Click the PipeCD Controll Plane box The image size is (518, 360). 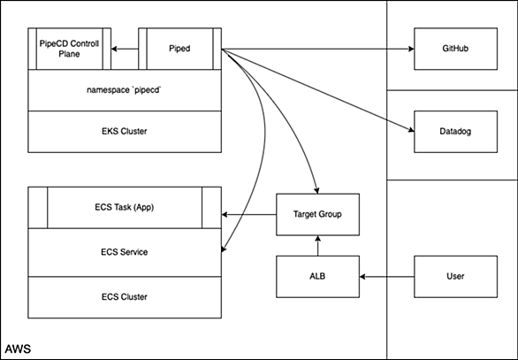[69, 49]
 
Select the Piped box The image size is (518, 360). [179, 49]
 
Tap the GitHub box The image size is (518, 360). [455, 49]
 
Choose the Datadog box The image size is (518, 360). [455, 132]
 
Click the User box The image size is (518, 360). [455, 276]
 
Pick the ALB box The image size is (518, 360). [318, 276]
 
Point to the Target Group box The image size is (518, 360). [318, 215]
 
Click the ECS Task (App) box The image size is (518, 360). [125, 208]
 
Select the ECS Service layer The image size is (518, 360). [125, 253]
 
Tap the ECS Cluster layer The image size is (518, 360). [125, 297]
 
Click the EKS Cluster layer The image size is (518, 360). [125, 132]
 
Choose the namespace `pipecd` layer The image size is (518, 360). [125, 90]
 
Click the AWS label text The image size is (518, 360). [18, 349]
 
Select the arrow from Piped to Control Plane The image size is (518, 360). [125, 49]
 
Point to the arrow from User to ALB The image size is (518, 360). [387, 277]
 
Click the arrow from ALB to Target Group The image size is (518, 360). [318, 246]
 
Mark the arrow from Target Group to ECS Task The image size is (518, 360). [248, 215]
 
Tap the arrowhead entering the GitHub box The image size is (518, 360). [412, 49]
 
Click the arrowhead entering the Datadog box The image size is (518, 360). [412, 130]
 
